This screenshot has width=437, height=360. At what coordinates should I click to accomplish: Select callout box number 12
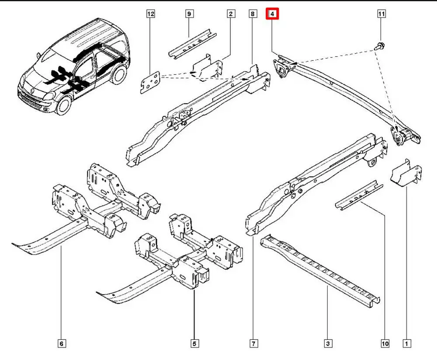(151, 14)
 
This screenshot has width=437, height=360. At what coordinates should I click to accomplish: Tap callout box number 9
(189, 14)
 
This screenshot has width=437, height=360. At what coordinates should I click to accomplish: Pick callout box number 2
(230, 14)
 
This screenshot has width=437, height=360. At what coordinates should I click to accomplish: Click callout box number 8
(253, 14)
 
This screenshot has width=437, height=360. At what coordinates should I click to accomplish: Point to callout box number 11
(381, 14)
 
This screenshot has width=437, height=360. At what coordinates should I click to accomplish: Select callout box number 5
(194, 344)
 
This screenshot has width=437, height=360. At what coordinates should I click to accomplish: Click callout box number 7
(253, 344)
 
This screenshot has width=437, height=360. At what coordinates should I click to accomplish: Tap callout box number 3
(328, 344)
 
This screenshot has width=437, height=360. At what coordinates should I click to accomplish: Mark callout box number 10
(385, 344)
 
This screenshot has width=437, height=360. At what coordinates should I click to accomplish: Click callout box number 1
(407, 344)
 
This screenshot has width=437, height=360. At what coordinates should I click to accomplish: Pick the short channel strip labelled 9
(192, 43)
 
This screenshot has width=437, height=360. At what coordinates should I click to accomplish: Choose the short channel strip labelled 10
(358, 195)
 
